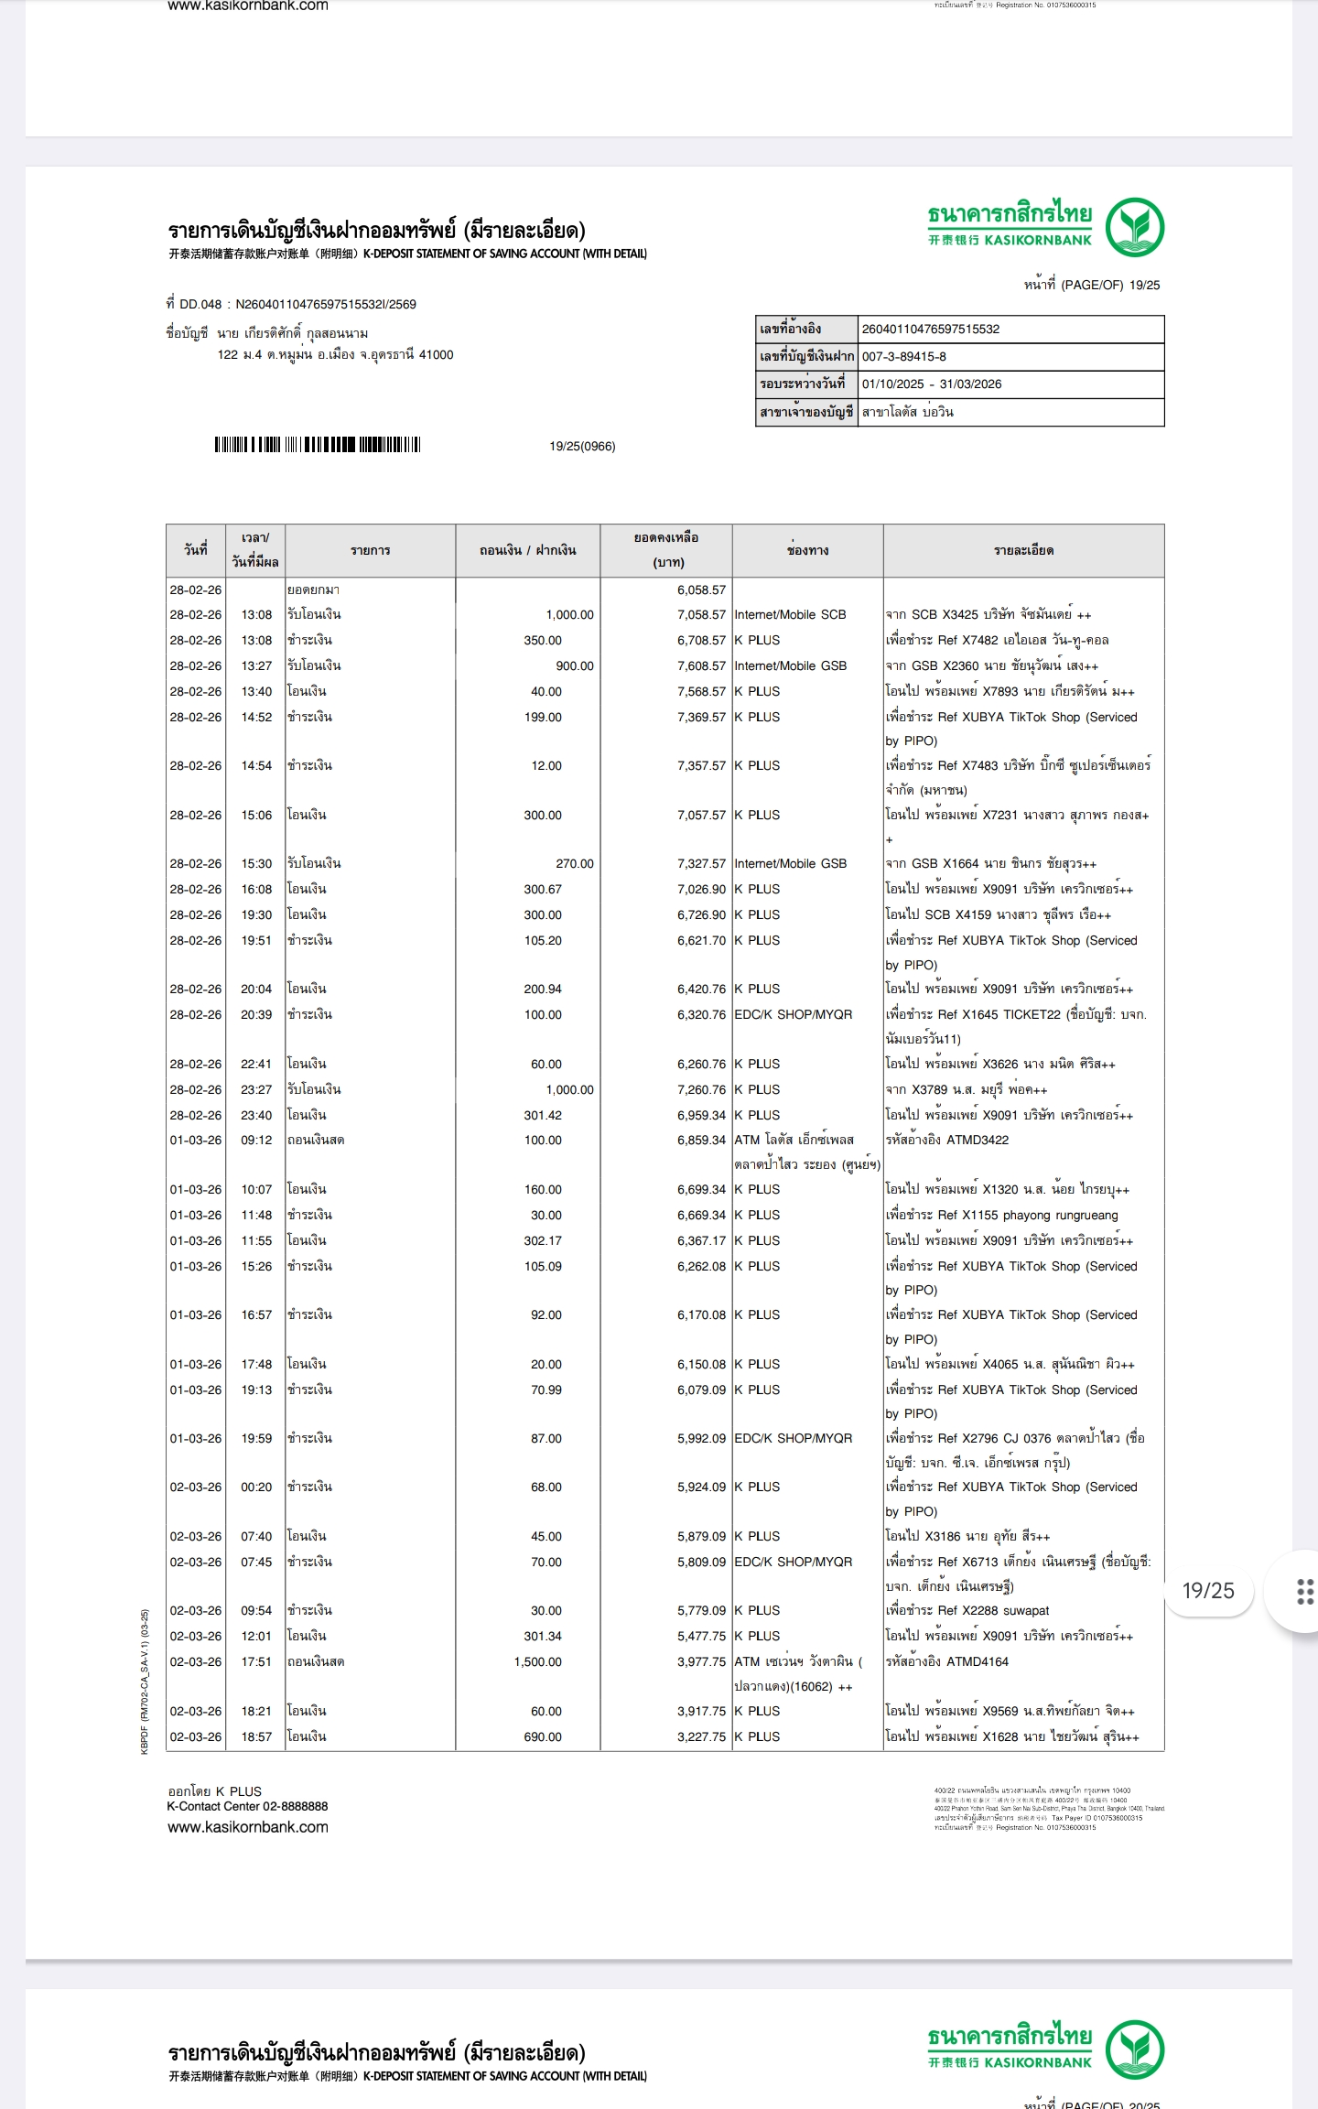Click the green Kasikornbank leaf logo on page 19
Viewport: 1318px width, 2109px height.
pyautogui.click(x=1134, y=228)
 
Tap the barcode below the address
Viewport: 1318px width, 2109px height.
pyautogui.click(x=317, y=445)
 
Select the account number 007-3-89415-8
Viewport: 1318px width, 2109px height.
pyautogui.click(x=904, y=356)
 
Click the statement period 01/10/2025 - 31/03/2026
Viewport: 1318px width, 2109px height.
pyautogui.click(x=931, y=384)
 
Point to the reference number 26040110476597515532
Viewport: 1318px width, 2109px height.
pyautogui.click(x=930, y=329)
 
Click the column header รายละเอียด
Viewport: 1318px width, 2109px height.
pyautogui.click(x=1023, y=550)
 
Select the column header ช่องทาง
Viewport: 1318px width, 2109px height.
pyautogui.click(x=807, y=550)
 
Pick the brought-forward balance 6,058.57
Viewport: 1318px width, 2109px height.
pyautogui.click(x=701, y=590)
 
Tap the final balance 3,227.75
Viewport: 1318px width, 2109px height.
pyautogui.click(x=701, y=1736)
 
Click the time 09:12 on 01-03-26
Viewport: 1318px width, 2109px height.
pyautogui.click(x=256, y=1140)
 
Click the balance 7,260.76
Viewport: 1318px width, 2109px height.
pyautogui.click(x=701, y=1089)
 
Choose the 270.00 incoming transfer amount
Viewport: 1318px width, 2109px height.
pyautogui.click(x=574, y=863)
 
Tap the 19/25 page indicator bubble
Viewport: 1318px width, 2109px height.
pyautogui.click(x=1208, y=1591)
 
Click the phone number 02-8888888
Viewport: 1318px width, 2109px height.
pyautogui.click(x=295, y=1806)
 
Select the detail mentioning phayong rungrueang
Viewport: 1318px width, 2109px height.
pyautogui.click(x=1001, y=1215)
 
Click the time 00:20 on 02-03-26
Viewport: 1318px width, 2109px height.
pyautogui.click(x=256, y=1487)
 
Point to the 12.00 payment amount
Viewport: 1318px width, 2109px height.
pyautogui.click(x=546, y=765)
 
